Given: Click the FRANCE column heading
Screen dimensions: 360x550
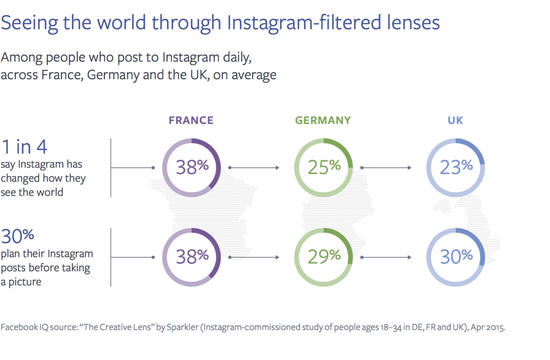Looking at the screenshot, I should click(191, 120).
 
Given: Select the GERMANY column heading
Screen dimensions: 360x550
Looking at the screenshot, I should click(323, 120).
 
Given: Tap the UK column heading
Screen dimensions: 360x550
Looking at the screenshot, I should click(455, 120).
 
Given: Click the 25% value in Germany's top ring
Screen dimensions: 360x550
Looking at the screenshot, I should click(324, 167).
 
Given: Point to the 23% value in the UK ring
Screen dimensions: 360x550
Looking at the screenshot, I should click(456, 167).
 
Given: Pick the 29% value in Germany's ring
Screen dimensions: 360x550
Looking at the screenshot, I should click(324, 257).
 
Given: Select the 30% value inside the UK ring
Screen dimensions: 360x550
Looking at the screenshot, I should click(456, 257).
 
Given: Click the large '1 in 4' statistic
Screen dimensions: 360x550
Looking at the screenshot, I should click(25, 147).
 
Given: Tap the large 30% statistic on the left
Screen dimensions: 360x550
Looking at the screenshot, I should click(18, 236).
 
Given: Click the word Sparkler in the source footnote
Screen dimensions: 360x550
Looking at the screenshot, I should click(183, 327).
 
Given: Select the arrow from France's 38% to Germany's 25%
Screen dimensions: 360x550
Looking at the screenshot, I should click(254, 168).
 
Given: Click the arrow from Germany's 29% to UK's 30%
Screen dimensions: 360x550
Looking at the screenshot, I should click(386, 257).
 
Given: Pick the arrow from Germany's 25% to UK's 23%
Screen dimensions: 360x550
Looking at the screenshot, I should click(386, 168).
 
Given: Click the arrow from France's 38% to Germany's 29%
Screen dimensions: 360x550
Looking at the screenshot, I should click(254, 257).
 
